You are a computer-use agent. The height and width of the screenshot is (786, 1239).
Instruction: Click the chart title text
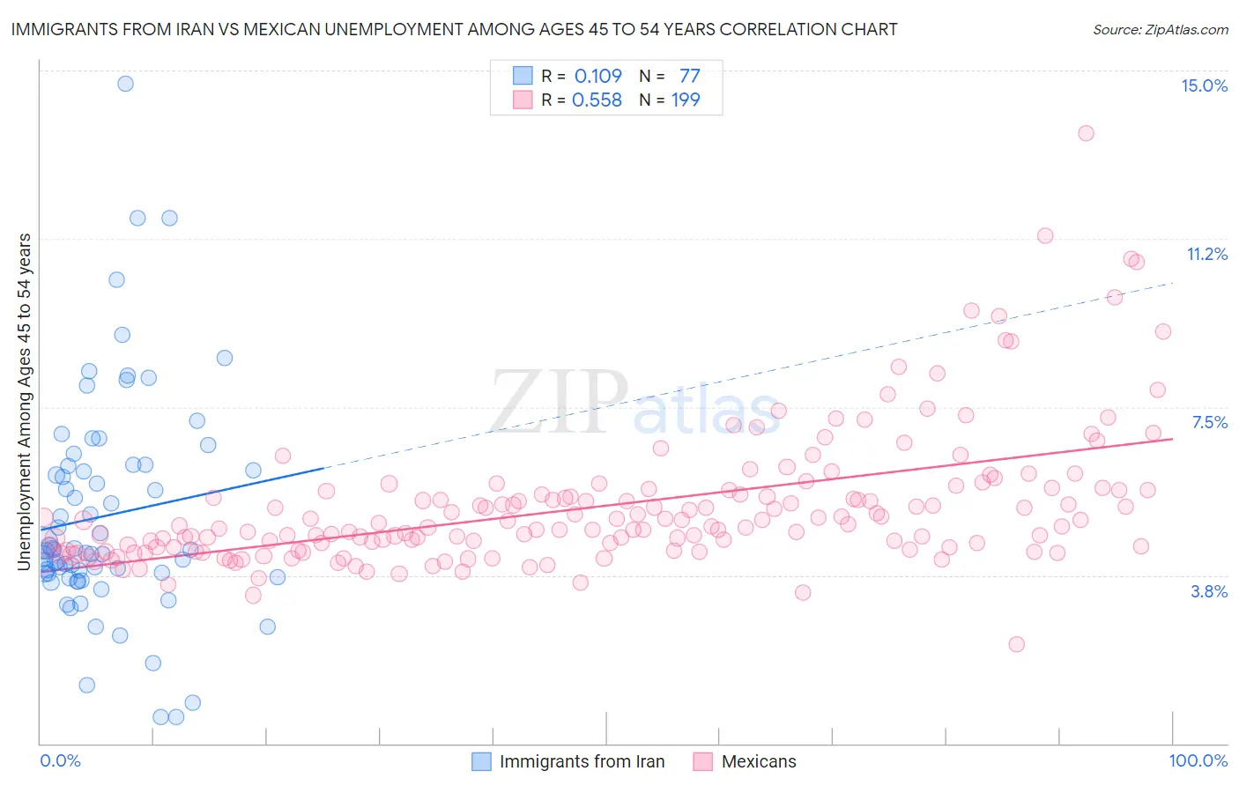pyautogui.click(x=454, y=29)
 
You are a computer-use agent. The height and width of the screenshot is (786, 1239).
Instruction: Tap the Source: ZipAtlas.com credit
pyautogui.click(x=1160, y=29)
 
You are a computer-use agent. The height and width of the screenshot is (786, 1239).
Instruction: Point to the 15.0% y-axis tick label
pyautogui.click(x=1204, y=85)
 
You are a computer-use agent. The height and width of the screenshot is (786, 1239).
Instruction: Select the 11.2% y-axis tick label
pyautogui.click(x=1206, y=254)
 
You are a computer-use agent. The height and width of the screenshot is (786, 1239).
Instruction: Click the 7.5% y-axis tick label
pyautogui.click(x=1209, y=422)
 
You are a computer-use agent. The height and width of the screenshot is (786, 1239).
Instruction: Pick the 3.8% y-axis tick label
pyautogui.click(x=1209, y=591)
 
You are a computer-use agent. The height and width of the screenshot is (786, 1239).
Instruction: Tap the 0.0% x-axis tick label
pyautogui.click(x=60, y=760)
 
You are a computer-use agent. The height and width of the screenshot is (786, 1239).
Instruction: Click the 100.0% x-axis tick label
pyautogui.click(x=1198, y=760)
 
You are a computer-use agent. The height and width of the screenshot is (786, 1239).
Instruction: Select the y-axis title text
pyautogui.click(x=25, y=401)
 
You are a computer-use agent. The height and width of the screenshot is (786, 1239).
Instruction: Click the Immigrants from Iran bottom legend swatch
pyautogui.click(x=481, y=761)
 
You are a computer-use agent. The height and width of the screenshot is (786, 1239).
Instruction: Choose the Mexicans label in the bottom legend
pyautogui.click(x=758, y=761)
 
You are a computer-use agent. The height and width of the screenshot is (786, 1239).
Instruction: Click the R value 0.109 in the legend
pyautogui.click(x=597, y=76)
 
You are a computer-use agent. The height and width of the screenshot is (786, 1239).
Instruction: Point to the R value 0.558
pyautogui.click(x=597, y=100)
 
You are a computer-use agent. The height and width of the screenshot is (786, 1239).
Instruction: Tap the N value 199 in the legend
pyautogui.click(x=686, y=100)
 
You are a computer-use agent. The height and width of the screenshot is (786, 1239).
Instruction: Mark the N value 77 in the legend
pyautogui.click(x=689, y=76)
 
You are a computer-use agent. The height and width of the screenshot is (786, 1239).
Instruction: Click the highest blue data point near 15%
pyautogui.click(x=125, y=84)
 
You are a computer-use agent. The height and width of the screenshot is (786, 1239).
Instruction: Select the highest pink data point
pyautogui.click(x=1086, y=133)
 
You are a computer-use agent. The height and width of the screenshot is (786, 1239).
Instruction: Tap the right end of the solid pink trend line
pyautogui.click(x=1173, y=439)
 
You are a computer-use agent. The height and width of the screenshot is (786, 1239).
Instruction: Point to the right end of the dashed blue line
pyautogui.click(x=1173, y=283)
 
